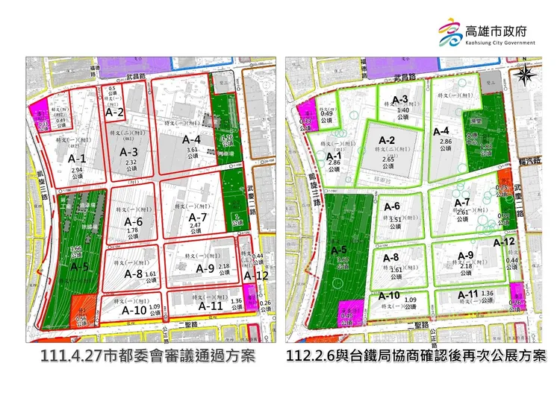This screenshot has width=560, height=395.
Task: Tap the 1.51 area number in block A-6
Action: point(396,219)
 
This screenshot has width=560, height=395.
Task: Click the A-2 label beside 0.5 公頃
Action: point(113,113)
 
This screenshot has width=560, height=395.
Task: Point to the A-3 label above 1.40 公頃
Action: point(399,101)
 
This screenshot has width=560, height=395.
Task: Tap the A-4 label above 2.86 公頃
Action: point(441,131)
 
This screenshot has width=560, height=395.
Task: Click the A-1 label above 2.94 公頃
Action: point(77,159)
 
